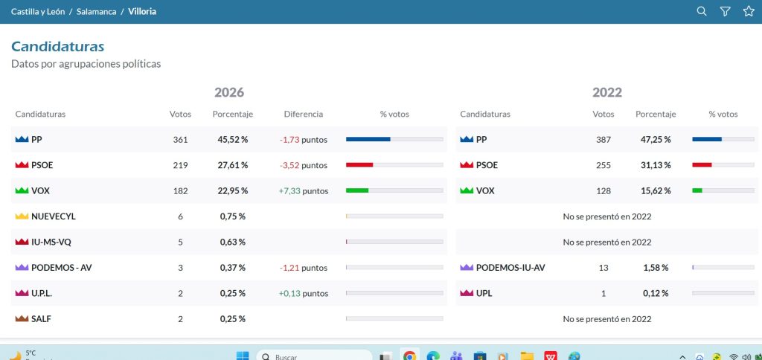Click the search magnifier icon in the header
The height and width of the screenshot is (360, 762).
(701, 11)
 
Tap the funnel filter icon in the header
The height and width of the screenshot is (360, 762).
(725, 11)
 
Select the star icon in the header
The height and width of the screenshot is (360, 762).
(749, 11)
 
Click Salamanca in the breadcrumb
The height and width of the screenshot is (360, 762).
(96, 12)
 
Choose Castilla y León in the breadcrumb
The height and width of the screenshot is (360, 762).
(38, 12)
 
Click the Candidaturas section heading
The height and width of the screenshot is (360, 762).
(58, 47)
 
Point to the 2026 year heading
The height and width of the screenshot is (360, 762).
(229, 92)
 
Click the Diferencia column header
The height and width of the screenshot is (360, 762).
(304, 114)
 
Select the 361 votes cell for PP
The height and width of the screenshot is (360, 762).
(180, 139)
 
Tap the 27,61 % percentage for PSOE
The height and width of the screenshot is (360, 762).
(233, 165)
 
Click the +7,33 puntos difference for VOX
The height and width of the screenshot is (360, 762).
(304, 191)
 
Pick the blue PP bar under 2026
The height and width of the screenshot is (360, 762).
(368, 139)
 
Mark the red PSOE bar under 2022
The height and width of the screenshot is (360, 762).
(702, 165)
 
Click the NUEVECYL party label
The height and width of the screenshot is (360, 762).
(54, 216)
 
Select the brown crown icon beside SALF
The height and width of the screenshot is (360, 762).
(22, 318)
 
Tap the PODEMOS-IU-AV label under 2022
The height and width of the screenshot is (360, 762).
(510, 268)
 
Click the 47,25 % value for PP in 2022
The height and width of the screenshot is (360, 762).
(656, 139)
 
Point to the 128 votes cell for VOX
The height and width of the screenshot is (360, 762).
(603, 191)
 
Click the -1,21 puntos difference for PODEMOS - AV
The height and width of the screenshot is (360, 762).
(304, 268)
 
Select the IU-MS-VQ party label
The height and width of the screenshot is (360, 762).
(51, 242)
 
